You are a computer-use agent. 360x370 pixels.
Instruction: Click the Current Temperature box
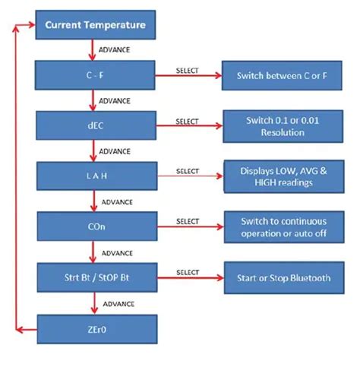[x=96, y=24]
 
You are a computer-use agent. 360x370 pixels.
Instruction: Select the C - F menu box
[x=95, y=75]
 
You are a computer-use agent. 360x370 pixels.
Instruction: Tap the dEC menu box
[x=96, y=125]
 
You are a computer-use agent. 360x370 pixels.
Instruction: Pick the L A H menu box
[x=97, y=176]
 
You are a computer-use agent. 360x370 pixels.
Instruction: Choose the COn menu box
[x=97, y=226]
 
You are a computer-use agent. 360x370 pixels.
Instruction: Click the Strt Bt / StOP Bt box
[x=97, y=277]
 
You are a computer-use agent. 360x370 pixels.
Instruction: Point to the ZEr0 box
[x=97, y=329]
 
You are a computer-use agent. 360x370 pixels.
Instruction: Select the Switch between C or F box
[x=282, y=75]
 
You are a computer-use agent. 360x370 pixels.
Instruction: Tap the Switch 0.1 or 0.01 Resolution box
[x=283, y=126]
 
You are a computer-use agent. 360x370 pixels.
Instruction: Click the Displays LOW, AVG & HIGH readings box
[x=284, y=176]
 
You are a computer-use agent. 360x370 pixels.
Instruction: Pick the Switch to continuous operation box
[x=284, y=227]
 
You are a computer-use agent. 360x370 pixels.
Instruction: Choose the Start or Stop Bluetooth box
[x=284, y=278]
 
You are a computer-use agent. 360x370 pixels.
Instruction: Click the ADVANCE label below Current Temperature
[x=114, y=50]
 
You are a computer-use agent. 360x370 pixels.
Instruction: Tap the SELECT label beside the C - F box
[x=187, y=71]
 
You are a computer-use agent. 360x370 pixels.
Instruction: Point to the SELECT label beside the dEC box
[x=187, y=122]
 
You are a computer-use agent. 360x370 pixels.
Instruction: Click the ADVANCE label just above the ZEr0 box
[x=118, y=304]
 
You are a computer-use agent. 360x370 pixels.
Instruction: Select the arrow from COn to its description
[x=191, y=226]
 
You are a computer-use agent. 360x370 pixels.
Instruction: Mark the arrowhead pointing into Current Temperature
[x=32, y=24]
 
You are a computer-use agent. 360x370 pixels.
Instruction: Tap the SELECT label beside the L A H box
[x=188, y=171]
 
